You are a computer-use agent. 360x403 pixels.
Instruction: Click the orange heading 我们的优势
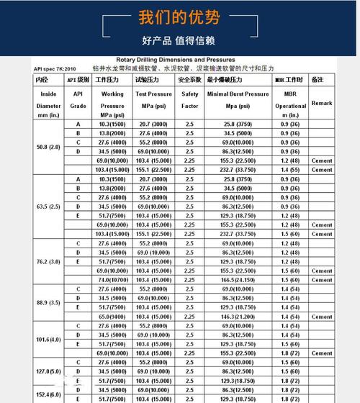click(x=179, y=17)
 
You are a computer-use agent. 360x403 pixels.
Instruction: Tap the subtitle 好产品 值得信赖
click(x=179, y=40)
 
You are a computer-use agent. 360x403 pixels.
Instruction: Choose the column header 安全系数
click(x=189, y=79)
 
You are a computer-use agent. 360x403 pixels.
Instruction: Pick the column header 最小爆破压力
click(x=238, y=79)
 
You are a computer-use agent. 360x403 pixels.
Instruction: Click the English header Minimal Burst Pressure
click(x=238, y=94)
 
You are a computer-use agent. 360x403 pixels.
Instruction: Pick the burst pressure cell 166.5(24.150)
click(x=238, y=280)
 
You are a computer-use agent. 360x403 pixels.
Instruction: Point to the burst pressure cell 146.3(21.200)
click(x=238, y=317)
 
